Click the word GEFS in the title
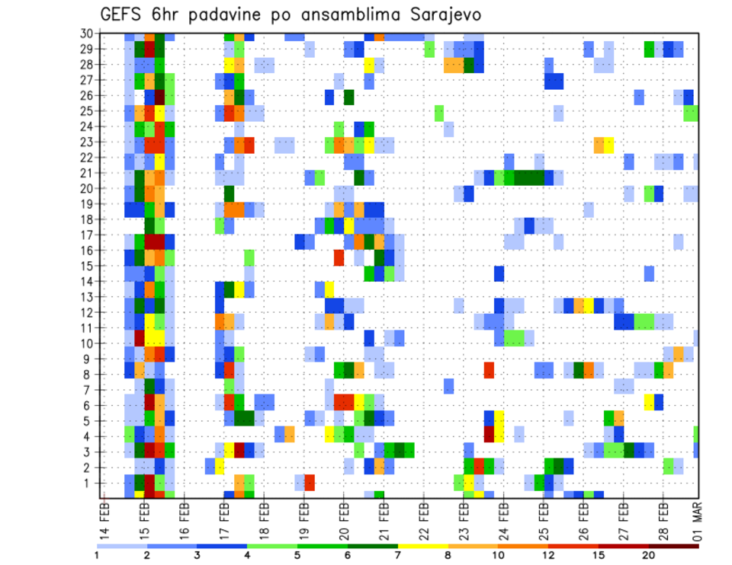point(123,15)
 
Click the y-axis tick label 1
point(89,483)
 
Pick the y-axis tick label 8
point(89,374)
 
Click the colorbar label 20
point(649,555)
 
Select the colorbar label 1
point(97,555)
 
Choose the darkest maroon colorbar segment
point(673,546)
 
